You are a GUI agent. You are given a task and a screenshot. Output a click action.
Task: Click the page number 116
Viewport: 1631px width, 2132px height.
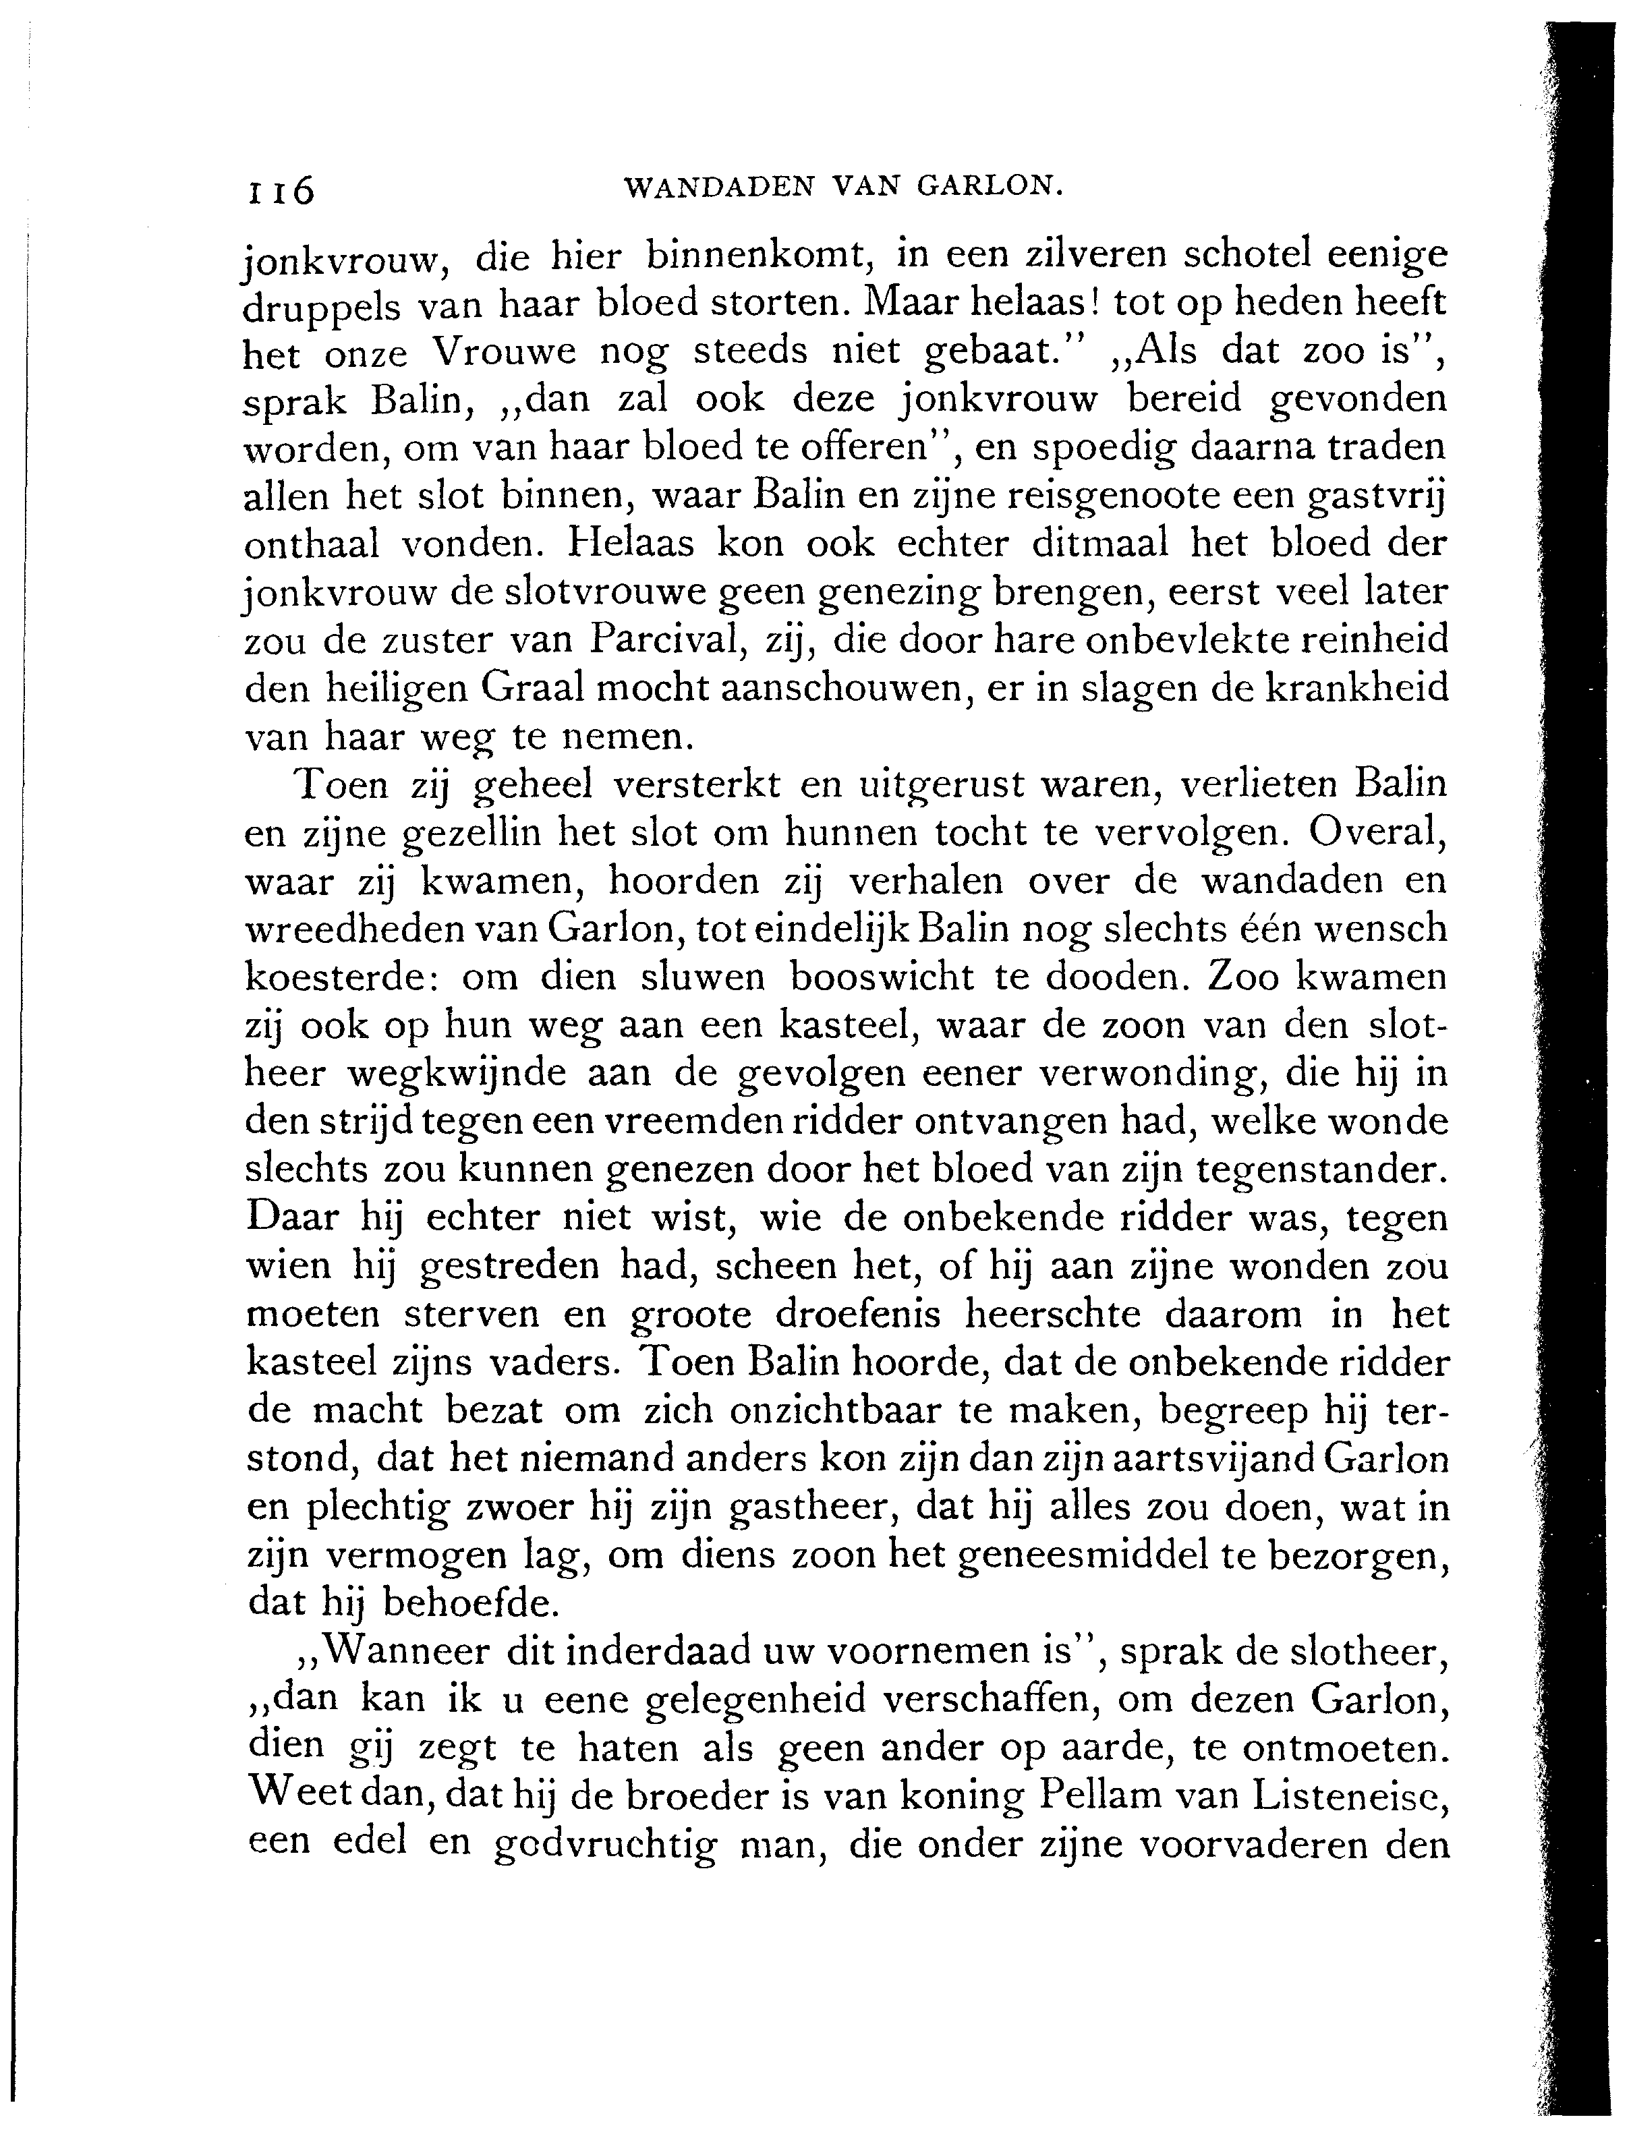(281, 190)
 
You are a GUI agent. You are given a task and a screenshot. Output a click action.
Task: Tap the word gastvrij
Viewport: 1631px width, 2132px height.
(1372, 499)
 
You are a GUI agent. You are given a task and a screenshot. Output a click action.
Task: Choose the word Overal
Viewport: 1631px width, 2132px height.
(1377, 833)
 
